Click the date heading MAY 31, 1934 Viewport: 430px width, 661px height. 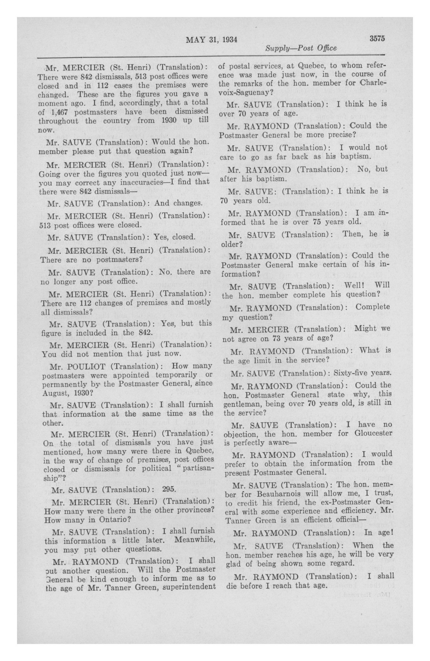pos(211,40)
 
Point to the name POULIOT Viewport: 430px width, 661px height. pos(85,366)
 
